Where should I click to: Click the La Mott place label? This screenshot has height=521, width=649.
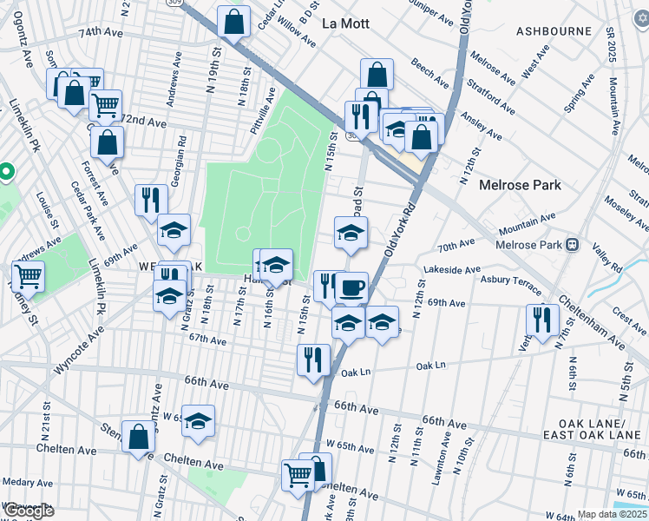pyautogui.click(x=345, y=23)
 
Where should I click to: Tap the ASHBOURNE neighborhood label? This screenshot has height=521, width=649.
pyautogui.click(x=554, y=31)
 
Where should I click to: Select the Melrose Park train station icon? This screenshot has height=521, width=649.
pyautogui.click(x=573, y=246)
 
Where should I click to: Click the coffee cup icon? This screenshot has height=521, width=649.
pyautogui.click(x=351, y=287)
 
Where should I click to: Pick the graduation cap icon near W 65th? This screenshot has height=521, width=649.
pyautogui.click(x=199, y=421)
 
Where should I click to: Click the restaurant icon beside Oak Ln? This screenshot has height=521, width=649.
pyautogui.click(x=313, y=359)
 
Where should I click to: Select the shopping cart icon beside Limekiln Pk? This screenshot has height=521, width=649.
pyautogui.click(x=28, y=277)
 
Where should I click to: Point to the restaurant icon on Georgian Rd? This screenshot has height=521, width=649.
pyautogui.click(x=151, y=200)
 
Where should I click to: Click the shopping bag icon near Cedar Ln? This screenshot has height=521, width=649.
pyautogui.click(x=233, y=22)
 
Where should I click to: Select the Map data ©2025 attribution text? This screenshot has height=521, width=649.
pyautogui.click(x=612, y=514)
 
